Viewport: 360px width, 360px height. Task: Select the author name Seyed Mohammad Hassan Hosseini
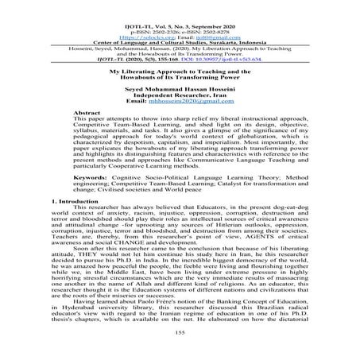point(180,88)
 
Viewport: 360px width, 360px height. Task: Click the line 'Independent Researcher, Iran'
point(180,95)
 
